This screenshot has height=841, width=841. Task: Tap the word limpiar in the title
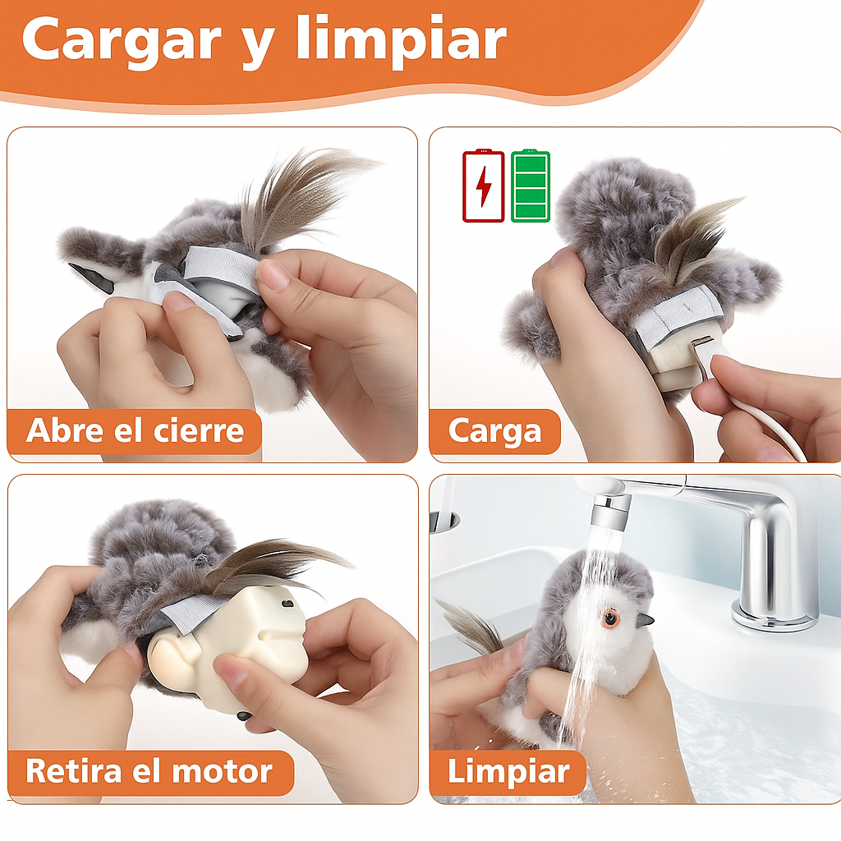point(401,38)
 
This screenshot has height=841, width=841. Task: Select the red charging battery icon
point(483,186)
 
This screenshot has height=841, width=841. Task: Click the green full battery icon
point(531,186)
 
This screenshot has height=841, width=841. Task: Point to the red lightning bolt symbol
point(484,186)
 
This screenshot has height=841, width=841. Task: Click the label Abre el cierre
point(135,430)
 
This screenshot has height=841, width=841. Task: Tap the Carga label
point(494,430)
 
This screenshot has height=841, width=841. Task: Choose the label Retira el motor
point(149,770)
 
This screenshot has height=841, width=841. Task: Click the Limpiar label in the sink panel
point(508,771)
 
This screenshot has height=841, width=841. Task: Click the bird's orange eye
point(611,619)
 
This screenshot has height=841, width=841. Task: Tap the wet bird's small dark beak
point(646,621)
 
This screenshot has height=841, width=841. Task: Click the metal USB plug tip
point(701,343)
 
